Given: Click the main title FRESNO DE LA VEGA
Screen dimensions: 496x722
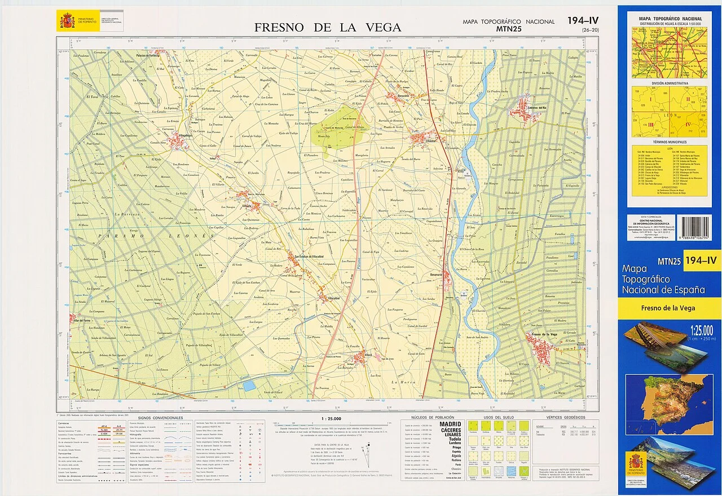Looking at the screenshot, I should pos(327,27).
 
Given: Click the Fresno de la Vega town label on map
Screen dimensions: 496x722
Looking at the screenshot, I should pos(541,335).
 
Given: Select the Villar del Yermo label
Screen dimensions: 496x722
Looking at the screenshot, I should pos(82,320).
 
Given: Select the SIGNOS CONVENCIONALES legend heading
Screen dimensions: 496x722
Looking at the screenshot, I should pos(160,418).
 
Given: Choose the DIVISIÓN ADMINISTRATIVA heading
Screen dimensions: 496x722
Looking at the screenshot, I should pos(670,83).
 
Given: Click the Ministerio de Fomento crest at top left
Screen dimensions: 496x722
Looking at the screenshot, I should pos(67,21).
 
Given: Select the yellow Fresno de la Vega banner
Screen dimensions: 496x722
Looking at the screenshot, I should pos(670,308).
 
